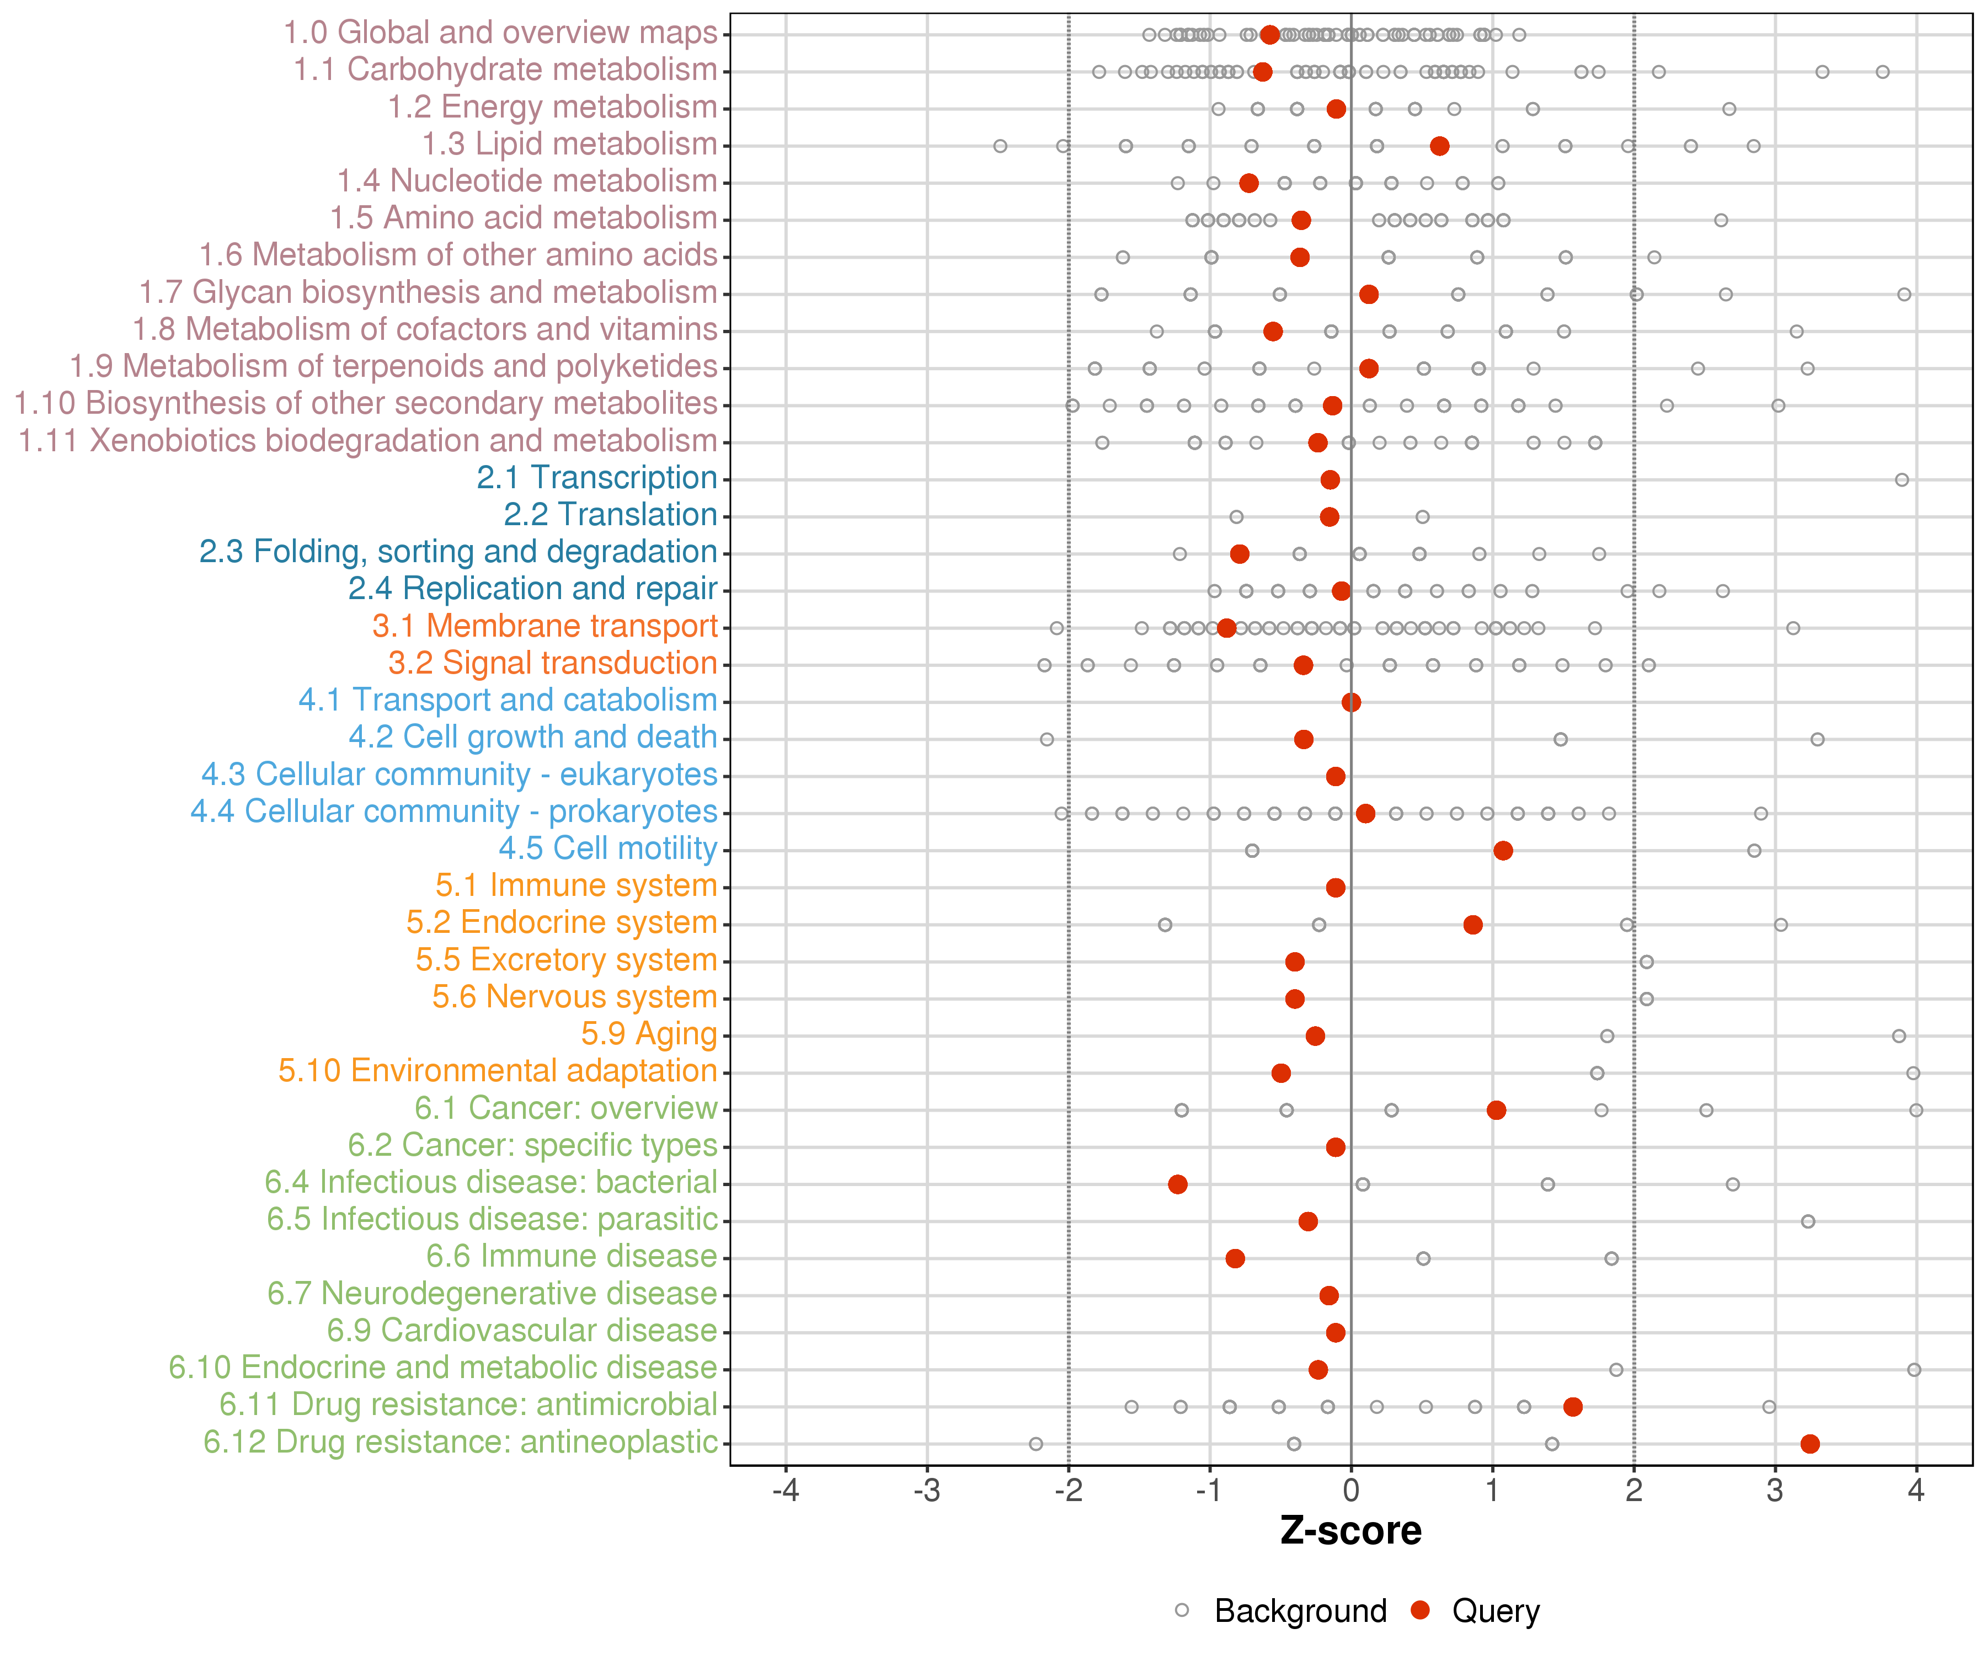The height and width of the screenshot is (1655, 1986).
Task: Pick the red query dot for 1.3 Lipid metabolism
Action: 1439,146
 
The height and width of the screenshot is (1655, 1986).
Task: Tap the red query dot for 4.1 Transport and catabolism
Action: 1352,702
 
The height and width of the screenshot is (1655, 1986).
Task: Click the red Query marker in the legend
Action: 1421,1610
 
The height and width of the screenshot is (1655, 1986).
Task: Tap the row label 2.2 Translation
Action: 610,515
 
